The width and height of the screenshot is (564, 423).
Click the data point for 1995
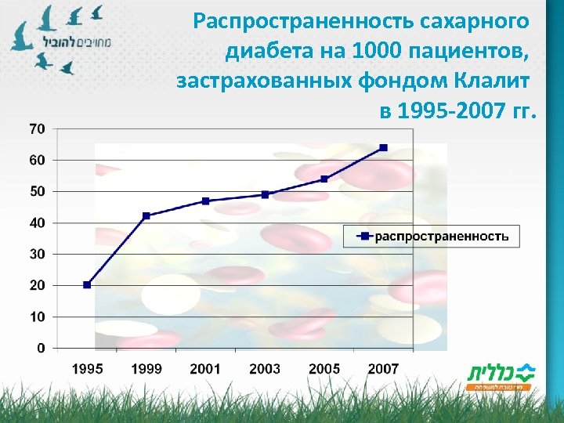87,285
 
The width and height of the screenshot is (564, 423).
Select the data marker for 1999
146,215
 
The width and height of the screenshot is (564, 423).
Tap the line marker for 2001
205,201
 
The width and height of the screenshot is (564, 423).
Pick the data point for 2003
265,194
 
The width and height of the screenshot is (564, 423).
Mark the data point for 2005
324,179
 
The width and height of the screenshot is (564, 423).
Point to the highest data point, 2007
383,147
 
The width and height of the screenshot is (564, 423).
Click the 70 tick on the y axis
38,128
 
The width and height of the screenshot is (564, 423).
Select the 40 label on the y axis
38,222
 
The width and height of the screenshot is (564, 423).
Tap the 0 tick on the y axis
42,348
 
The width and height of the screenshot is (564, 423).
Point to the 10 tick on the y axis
38,316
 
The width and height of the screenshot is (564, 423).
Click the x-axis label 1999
146,368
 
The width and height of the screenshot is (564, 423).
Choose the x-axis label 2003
265,368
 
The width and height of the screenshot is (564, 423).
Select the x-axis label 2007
383,368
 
